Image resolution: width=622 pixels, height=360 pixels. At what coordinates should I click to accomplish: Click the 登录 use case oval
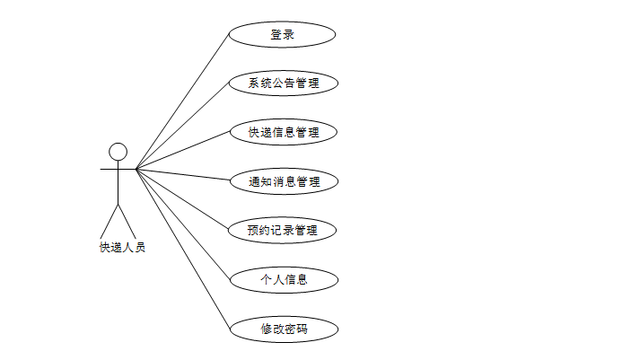coord(282,35)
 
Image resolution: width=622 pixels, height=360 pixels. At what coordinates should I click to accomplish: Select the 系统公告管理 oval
coord(283,84)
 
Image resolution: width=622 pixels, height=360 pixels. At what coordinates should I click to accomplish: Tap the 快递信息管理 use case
coord(283,133)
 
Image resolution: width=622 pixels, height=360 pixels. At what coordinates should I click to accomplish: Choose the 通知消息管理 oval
coord(283,181)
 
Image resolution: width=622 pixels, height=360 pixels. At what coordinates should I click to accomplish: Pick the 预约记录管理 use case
coord(283,230)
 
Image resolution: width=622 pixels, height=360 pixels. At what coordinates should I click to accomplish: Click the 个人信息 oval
coord(284,279)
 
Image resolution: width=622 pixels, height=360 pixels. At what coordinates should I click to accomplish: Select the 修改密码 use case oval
coord(284,329)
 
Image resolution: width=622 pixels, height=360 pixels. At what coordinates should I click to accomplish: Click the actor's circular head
coord(117,150)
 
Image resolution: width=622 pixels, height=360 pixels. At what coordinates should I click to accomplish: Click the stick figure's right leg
coord(126,220)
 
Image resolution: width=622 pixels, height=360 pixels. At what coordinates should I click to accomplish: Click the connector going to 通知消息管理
coord(183,174)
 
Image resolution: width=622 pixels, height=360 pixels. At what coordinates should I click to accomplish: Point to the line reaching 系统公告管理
coord(183,126)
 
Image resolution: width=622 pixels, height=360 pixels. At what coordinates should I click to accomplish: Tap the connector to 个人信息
coord(184,224)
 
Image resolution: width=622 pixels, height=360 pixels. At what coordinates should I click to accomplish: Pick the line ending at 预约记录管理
coord(183,198)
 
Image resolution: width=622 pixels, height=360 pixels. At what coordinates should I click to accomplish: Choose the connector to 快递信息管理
coord(183,150)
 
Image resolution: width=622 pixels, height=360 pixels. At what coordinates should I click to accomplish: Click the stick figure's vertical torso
coord(117,184)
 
